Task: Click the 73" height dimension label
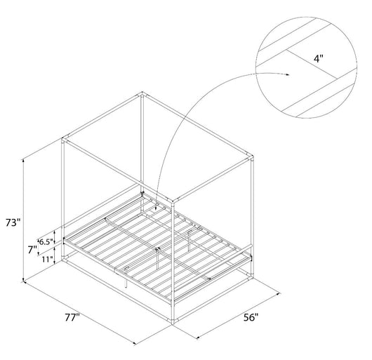tap(13, 223)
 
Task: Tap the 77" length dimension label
tap(72, 318)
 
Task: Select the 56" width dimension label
tap(251, 317)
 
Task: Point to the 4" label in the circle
tap(319, 58)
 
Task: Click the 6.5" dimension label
tap(46, 242)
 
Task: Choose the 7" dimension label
tap(32, 250)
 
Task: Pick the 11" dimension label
tap(48, 260)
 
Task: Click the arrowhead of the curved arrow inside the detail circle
tap(288, 74)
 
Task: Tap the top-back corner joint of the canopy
tap(142, 95)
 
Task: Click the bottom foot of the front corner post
tap(173, 321)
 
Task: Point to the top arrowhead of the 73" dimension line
tap(23, 161)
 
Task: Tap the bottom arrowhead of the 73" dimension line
tap(23, 280)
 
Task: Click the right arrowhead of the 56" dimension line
tap(278, 294)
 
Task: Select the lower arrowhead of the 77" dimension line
tap(134, 343)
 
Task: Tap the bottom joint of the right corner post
tap(250, 277)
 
